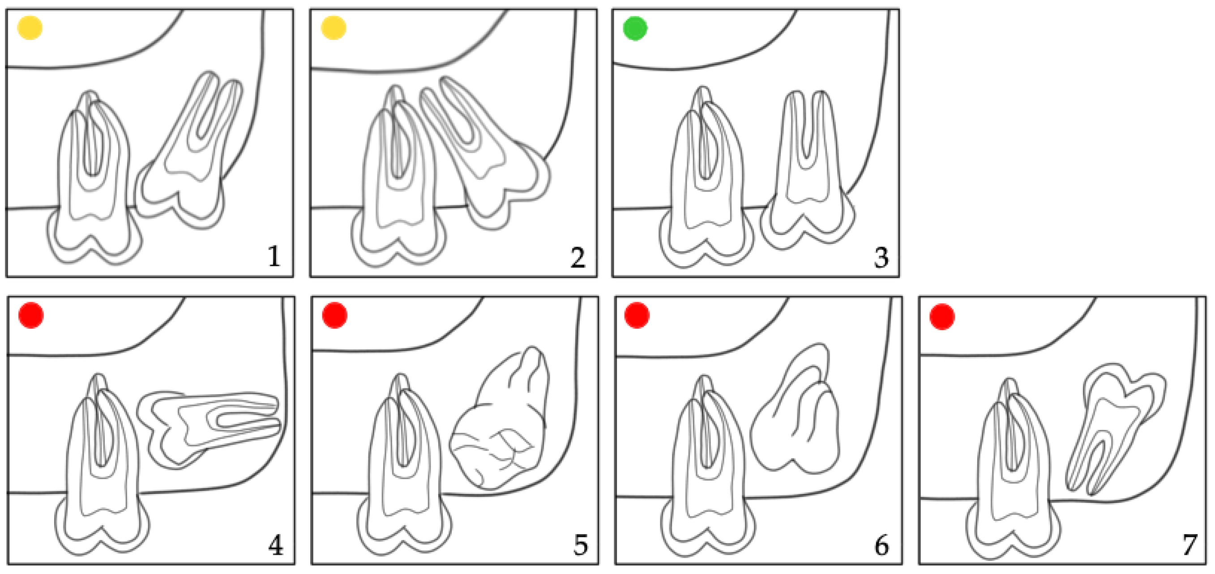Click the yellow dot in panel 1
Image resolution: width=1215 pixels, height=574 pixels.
click(x=30, y=28)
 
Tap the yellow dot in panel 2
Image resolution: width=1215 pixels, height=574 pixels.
click(x=334, y=28)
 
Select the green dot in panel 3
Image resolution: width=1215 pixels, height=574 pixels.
click(x=635, y=28)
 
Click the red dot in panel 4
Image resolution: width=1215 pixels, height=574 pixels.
click(x=31, y=315)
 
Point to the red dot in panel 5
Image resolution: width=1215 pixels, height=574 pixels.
click(x=335, y=315)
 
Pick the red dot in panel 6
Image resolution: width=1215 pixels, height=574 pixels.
click(x=637, y=315)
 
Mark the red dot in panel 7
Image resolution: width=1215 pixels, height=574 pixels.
click(x=942, y=317)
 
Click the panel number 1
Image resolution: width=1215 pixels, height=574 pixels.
click(x=274, y=257)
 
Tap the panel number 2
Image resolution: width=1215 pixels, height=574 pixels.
click(x=578, y=257)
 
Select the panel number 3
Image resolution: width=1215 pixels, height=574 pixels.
click(x=881, y=258)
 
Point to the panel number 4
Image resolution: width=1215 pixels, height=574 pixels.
click(x=276, y=546)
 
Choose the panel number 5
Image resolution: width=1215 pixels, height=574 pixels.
click(x=581, y=545)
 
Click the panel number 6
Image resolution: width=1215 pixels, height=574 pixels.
click(x=881, y=545)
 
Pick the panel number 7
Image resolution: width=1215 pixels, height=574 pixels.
click(x=1189, y=545)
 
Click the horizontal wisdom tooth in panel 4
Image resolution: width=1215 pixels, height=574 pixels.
click(x=209, y=429)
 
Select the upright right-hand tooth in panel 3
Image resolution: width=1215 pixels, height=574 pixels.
click(x=807, y=170)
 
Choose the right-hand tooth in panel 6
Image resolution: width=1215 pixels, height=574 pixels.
click(x=795, y=409)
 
